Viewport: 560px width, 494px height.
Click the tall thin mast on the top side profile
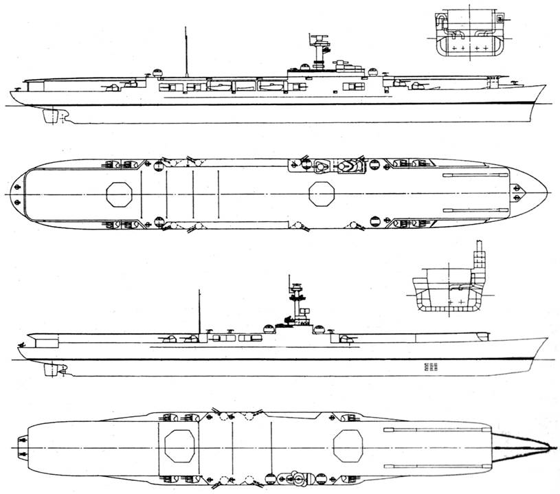186,52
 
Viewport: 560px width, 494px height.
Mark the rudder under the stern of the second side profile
49,370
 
